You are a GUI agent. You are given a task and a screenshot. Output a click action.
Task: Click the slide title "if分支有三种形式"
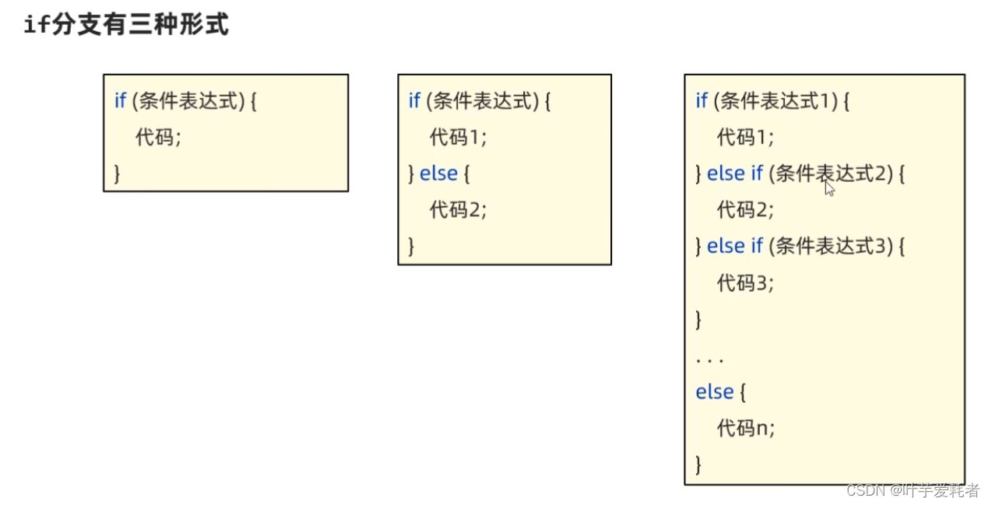(x=126, y=25)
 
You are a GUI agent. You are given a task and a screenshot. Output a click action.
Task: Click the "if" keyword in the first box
(x=120, y=100)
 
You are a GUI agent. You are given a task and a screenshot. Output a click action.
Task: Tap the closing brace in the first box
(x=118, y=173)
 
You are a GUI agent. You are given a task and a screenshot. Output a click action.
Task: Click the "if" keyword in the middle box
(x=414, y=100)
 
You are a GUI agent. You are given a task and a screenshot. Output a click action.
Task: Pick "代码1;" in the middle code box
(x=458, y=137)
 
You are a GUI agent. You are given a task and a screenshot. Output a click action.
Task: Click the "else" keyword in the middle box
(x=438, y=174)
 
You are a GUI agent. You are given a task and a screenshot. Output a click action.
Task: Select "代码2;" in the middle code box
(x=458, y=209)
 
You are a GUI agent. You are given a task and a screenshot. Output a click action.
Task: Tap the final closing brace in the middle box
(x=412, y=246)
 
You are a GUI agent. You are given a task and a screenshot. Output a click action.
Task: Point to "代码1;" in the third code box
(x=745, y=137)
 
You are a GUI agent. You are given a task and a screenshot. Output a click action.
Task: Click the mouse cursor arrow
(x=829, y=188)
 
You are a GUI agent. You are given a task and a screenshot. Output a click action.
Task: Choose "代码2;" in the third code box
(x=745, y=209)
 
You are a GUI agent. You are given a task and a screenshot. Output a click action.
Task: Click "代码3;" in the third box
(x=745, y=282)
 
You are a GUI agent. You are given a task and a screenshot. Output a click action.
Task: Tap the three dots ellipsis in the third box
(x=709, y=360)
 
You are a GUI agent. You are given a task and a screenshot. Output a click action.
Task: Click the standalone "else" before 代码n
(x=714, y=392)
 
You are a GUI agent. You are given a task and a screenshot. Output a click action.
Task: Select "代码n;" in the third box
(x=746, y=428)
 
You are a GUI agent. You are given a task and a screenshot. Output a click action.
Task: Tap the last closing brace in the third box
(x=698, y=465)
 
